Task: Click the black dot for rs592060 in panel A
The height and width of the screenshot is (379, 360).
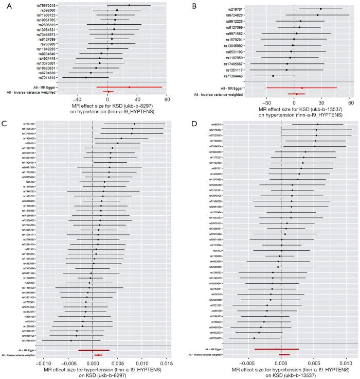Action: point(117,10)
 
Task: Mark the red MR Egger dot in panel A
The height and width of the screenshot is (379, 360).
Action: point(129,87)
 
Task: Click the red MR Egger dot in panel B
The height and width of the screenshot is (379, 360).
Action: point(302,88)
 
